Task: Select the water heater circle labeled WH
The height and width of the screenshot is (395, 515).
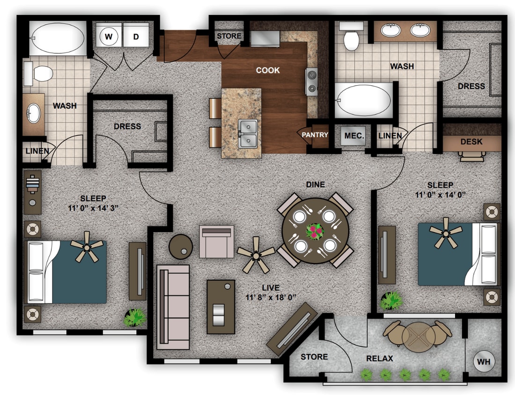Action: coord(483,361)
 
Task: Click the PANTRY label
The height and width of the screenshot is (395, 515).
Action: coord(315,135)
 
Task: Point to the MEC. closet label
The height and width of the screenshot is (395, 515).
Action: coord(354,135)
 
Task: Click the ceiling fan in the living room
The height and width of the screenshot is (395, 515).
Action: coord(256,255)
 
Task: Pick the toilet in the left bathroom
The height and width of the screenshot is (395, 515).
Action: coord(39,74)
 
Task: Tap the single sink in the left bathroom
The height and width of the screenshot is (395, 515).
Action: coord(33,113)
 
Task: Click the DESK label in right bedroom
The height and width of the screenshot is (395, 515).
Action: coord(471,141)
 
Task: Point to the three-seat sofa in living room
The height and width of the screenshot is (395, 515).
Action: coord(173,307)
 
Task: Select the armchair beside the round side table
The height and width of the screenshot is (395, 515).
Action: coord(216,241)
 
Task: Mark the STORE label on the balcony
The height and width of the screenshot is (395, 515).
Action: coord(314,357)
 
